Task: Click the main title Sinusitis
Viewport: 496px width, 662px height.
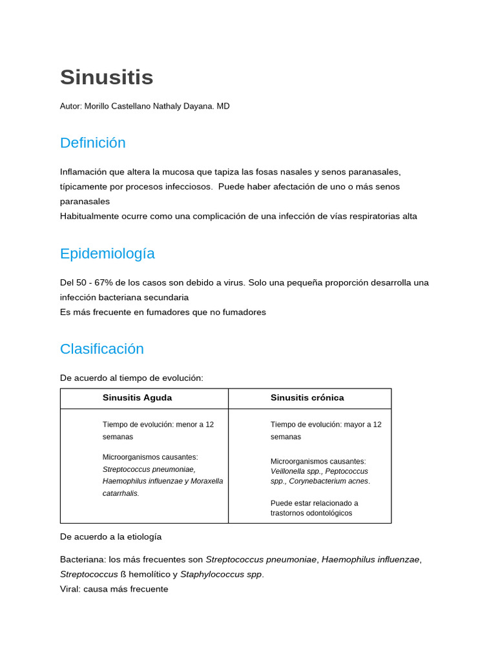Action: coord(107,78)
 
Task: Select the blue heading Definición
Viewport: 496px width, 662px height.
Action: coord(92,143)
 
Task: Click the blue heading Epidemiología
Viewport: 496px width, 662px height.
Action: coord(107,253)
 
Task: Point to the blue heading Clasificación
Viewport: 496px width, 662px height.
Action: coord(101,349)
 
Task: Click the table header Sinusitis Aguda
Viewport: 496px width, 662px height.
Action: coord(137,398)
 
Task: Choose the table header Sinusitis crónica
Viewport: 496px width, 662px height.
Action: coord(307,398)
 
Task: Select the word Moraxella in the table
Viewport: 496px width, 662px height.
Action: coord(207,481)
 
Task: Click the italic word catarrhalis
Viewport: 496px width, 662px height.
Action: coord(120,493)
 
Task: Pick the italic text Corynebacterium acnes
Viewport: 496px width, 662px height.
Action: coord(329,481)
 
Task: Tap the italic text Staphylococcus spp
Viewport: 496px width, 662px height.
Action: coord(222,574)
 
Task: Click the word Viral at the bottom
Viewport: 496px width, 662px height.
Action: coord(70,589)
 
